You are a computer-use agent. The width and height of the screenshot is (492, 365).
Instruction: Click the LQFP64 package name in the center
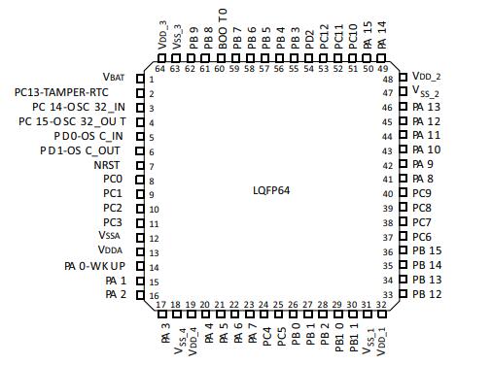pos(271,190)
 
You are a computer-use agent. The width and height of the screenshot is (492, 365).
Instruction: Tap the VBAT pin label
pos(114,77)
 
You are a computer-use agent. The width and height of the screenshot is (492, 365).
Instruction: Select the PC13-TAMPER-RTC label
pos(61,92)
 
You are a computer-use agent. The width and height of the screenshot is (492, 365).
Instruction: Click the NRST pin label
pos(107,165)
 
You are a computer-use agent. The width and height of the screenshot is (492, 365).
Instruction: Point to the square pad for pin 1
pos(140,79)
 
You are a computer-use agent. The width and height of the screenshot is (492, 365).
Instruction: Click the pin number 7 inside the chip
pos(152,167)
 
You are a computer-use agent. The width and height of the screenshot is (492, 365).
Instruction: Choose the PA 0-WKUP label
pos(94,266)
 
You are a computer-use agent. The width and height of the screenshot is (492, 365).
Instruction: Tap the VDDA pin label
pos(110,249)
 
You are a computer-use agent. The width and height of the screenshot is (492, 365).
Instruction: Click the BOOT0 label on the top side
pos(223,29)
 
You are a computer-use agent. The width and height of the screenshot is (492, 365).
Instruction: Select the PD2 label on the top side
pos(309,40)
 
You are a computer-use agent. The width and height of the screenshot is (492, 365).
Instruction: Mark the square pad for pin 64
pos(161,58)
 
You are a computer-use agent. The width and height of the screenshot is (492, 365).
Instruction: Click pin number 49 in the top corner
pos(383,69)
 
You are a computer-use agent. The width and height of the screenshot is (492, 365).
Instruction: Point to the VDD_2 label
pos(426,77)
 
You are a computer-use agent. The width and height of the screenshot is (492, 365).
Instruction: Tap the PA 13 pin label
pos(427,107)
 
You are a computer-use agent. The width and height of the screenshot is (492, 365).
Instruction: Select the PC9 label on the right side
pos(422,193)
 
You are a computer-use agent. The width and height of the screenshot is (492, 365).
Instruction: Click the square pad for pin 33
pos(403,294)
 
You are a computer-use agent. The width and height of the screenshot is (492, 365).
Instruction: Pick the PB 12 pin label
pos(427,294)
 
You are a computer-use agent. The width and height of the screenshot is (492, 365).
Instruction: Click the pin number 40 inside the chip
pos(388,194)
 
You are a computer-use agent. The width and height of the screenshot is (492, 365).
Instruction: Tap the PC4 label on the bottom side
pos(266,337)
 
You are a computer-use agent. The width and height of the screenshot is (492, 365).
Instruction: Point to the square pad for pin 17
pos(162,314)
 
